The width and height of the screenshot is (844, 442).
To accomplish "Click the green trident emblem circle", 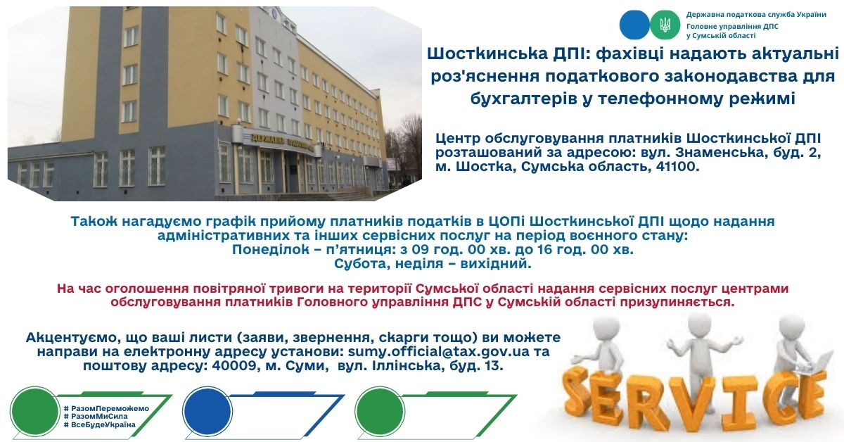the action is point(665,25).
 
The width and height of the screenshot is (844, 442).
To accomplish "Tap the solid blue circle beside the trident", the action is point(635,25).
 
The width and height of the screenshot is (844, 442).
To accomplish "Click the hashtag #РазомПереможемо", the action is point(106,408).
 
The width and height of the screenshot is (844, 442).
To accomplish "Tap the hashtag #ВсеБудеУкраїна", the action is point(99,424).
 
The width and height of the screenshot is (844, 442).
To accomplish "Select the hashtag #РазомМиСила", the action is point(96,417).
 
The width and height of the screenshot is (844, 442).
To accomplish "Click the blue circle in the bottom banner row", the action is point(207,412).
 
